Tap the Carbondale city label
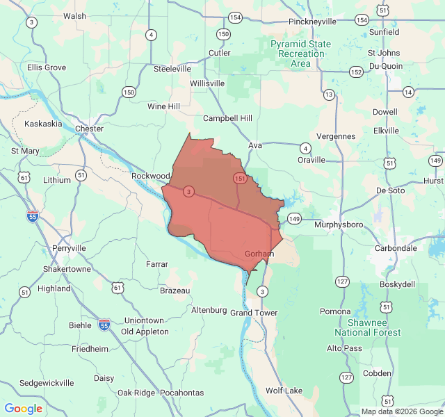394,248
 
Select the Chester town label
89,129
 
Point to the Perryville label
69,248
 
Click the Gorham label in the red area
260,254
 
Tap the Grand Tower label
254,313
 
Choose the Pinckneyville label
313,22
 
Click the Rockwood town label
151,177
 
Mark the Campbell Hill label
227,118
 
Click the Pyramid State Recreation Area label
301,54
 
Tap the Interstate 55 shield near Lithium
33,216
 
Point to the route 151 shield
240,179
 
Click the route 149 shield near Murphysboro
294,219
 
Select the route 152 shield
356,72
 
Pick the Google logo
24,409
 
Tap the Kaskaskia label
43,124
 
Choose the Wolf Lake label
284,391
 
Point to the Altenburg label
209,309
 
